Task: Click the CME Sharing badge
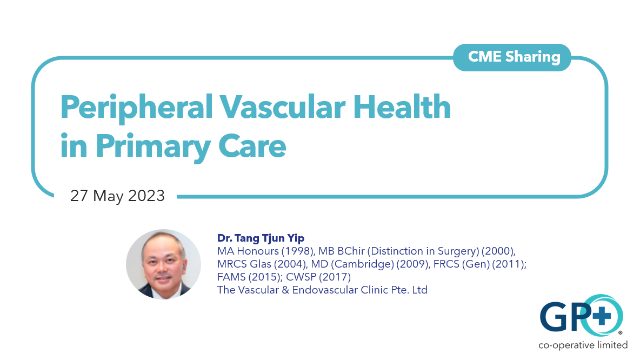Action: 511,57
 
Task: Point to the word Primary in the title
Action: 150,146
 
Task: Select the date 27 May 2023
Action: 117,196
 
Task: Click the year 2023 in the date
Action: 146,196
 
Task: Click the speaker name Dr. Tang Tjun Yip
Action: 261,238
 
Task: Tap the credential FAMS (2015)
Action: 251,277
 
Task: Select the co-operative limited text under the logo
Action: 583,345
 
